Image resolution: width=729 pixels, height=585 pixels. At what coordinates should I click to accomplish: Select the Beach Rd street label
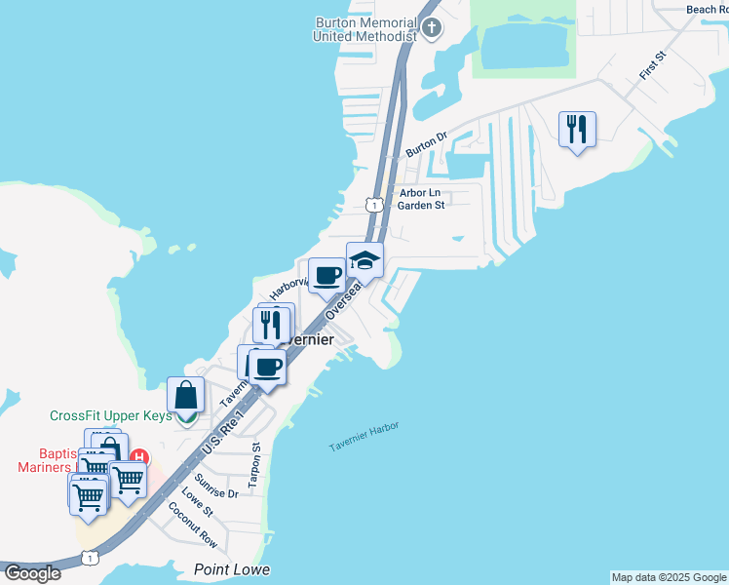[707, 10]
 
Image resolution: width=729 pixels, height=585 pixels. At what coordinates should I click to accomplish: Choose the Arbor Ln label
[419, 193]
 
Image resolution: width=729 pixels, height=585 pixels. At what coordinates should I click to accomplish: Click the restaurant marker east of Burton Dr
[577, 129]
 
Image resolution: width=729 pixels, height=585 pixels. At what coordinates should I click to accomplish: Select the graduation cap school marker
[364, 260]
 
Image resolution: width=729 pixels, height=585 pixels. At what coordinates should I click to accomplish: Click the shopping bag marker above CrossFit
[185, 396]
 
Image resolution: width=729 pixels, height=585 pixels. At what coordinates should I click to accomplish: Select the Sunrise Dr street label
[215, 487]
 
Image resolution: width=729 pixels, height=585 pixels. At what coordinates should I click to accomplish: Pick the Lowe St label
[197, 503]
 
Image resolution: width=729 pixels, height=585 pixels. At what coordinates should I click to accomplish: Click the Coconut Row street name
[192, 524]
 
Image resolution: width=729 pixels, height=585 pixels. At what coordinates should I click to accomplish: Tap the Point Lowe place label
[231, 569]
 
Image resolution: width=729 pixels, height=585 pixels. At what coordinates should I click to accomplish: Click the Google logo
[33, 572]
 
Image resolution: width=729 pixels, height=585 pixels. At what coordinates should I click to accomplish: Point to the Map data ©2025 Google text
[670, 577]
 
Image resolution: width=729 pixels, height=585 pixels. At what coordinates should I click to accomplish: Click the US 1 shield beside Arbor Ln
[374, 204]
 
